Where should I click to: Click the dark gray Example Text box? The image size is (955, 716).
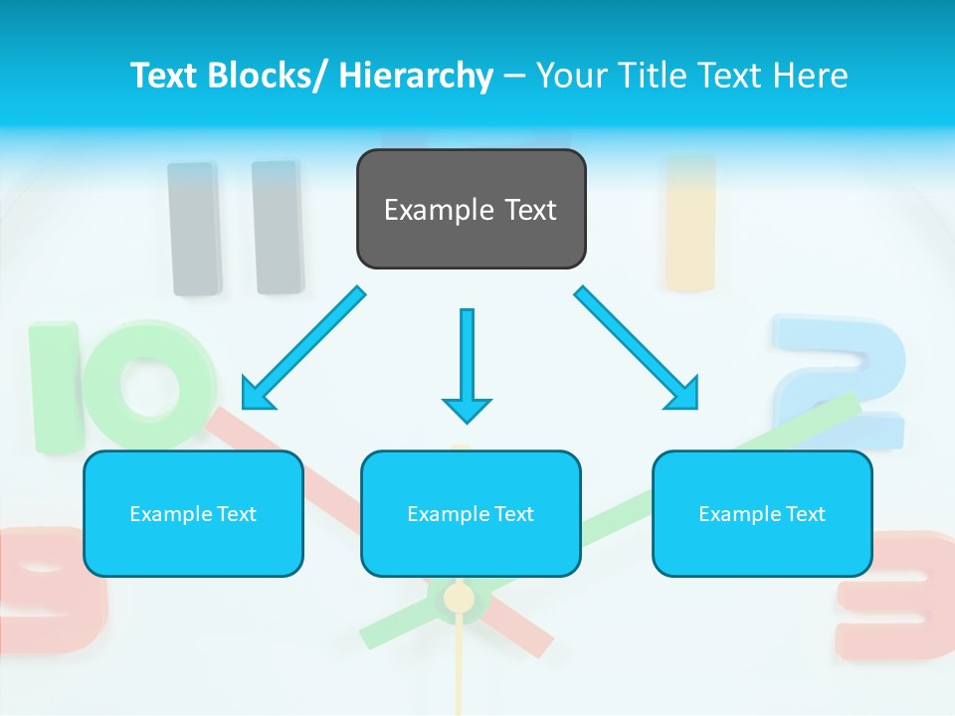(x=471, y=209)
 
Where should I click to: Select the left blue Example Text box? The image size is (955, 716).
(x=193, y=513)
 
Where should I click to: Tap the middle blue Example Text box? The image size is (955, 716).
(x=471, y=513)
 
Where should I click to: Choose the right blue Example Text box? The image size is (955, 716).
(x=762, y=513)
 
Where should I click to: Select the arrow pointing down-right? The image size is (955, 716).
(x=638, y=349)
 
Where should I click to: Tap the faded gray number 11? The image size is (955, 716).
(x=236, y=228)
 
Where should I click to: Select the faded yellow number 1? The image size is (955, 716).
(x=690, y=223)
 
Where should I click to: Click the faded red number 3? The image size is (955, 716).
(x=896, y=597)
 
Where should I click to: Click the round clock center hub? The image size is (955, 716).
(x=459, y=598)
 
